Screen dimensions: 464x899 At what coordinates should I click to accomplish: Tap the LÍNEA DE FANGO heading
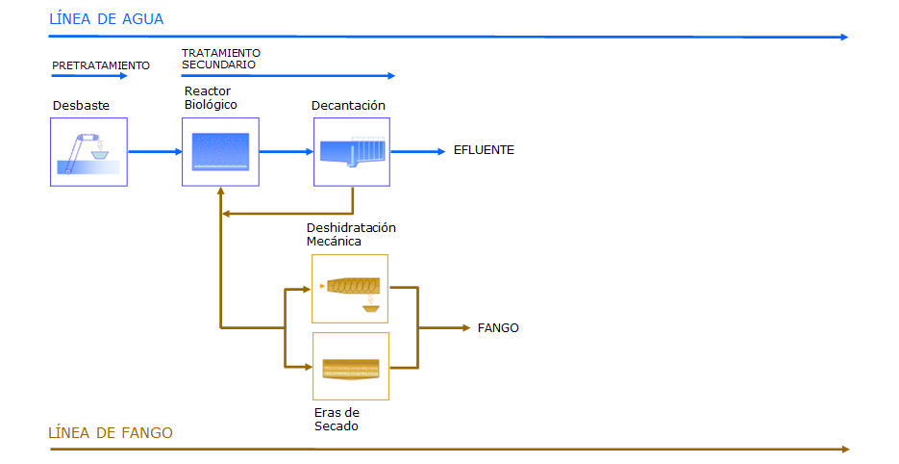(111, 432)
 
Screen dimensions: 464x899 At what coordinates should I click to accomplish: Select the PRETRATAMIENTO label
(101, 65)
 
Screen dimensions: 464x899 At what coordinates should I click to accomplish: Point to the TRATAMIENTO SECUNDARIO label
(220, 59)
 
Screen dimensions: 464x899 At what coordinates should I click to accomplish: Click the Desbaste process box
(88, 151)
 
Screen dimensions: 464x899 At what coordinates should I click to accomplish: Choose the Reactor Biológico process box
(220, 151)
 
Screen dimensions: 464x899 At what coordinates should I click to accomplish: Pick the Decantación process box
(351, 151)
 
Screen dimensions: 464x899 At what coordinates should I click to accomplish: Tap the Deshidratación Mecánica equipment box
(350, 288)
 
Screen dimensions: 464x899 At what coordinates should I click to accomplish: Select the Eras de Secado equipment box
(350, 366)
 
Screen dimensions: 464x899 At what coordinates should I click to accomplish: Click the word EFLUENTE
(484, 150)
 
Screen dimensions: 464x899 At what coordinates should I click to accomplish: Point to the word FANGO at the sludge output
(498, 328)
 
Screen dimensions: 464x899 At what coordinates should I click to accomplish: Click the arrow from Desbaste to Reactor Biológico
(155, 151)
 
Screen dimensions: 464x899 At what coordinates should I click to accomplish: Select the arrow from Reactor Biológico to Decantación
(287, 151)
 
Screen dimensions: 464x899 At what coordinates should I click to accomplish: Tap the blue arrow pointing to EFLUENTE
(417, 151)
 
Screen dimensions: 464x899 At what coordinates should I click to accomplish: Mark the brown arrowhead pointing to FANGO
(465, 328)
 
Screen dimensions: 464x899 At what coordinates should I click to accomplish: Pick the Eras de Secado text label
(337, 419)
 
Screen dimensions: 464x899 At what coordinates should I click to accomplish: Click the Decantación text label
(348, 105)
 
